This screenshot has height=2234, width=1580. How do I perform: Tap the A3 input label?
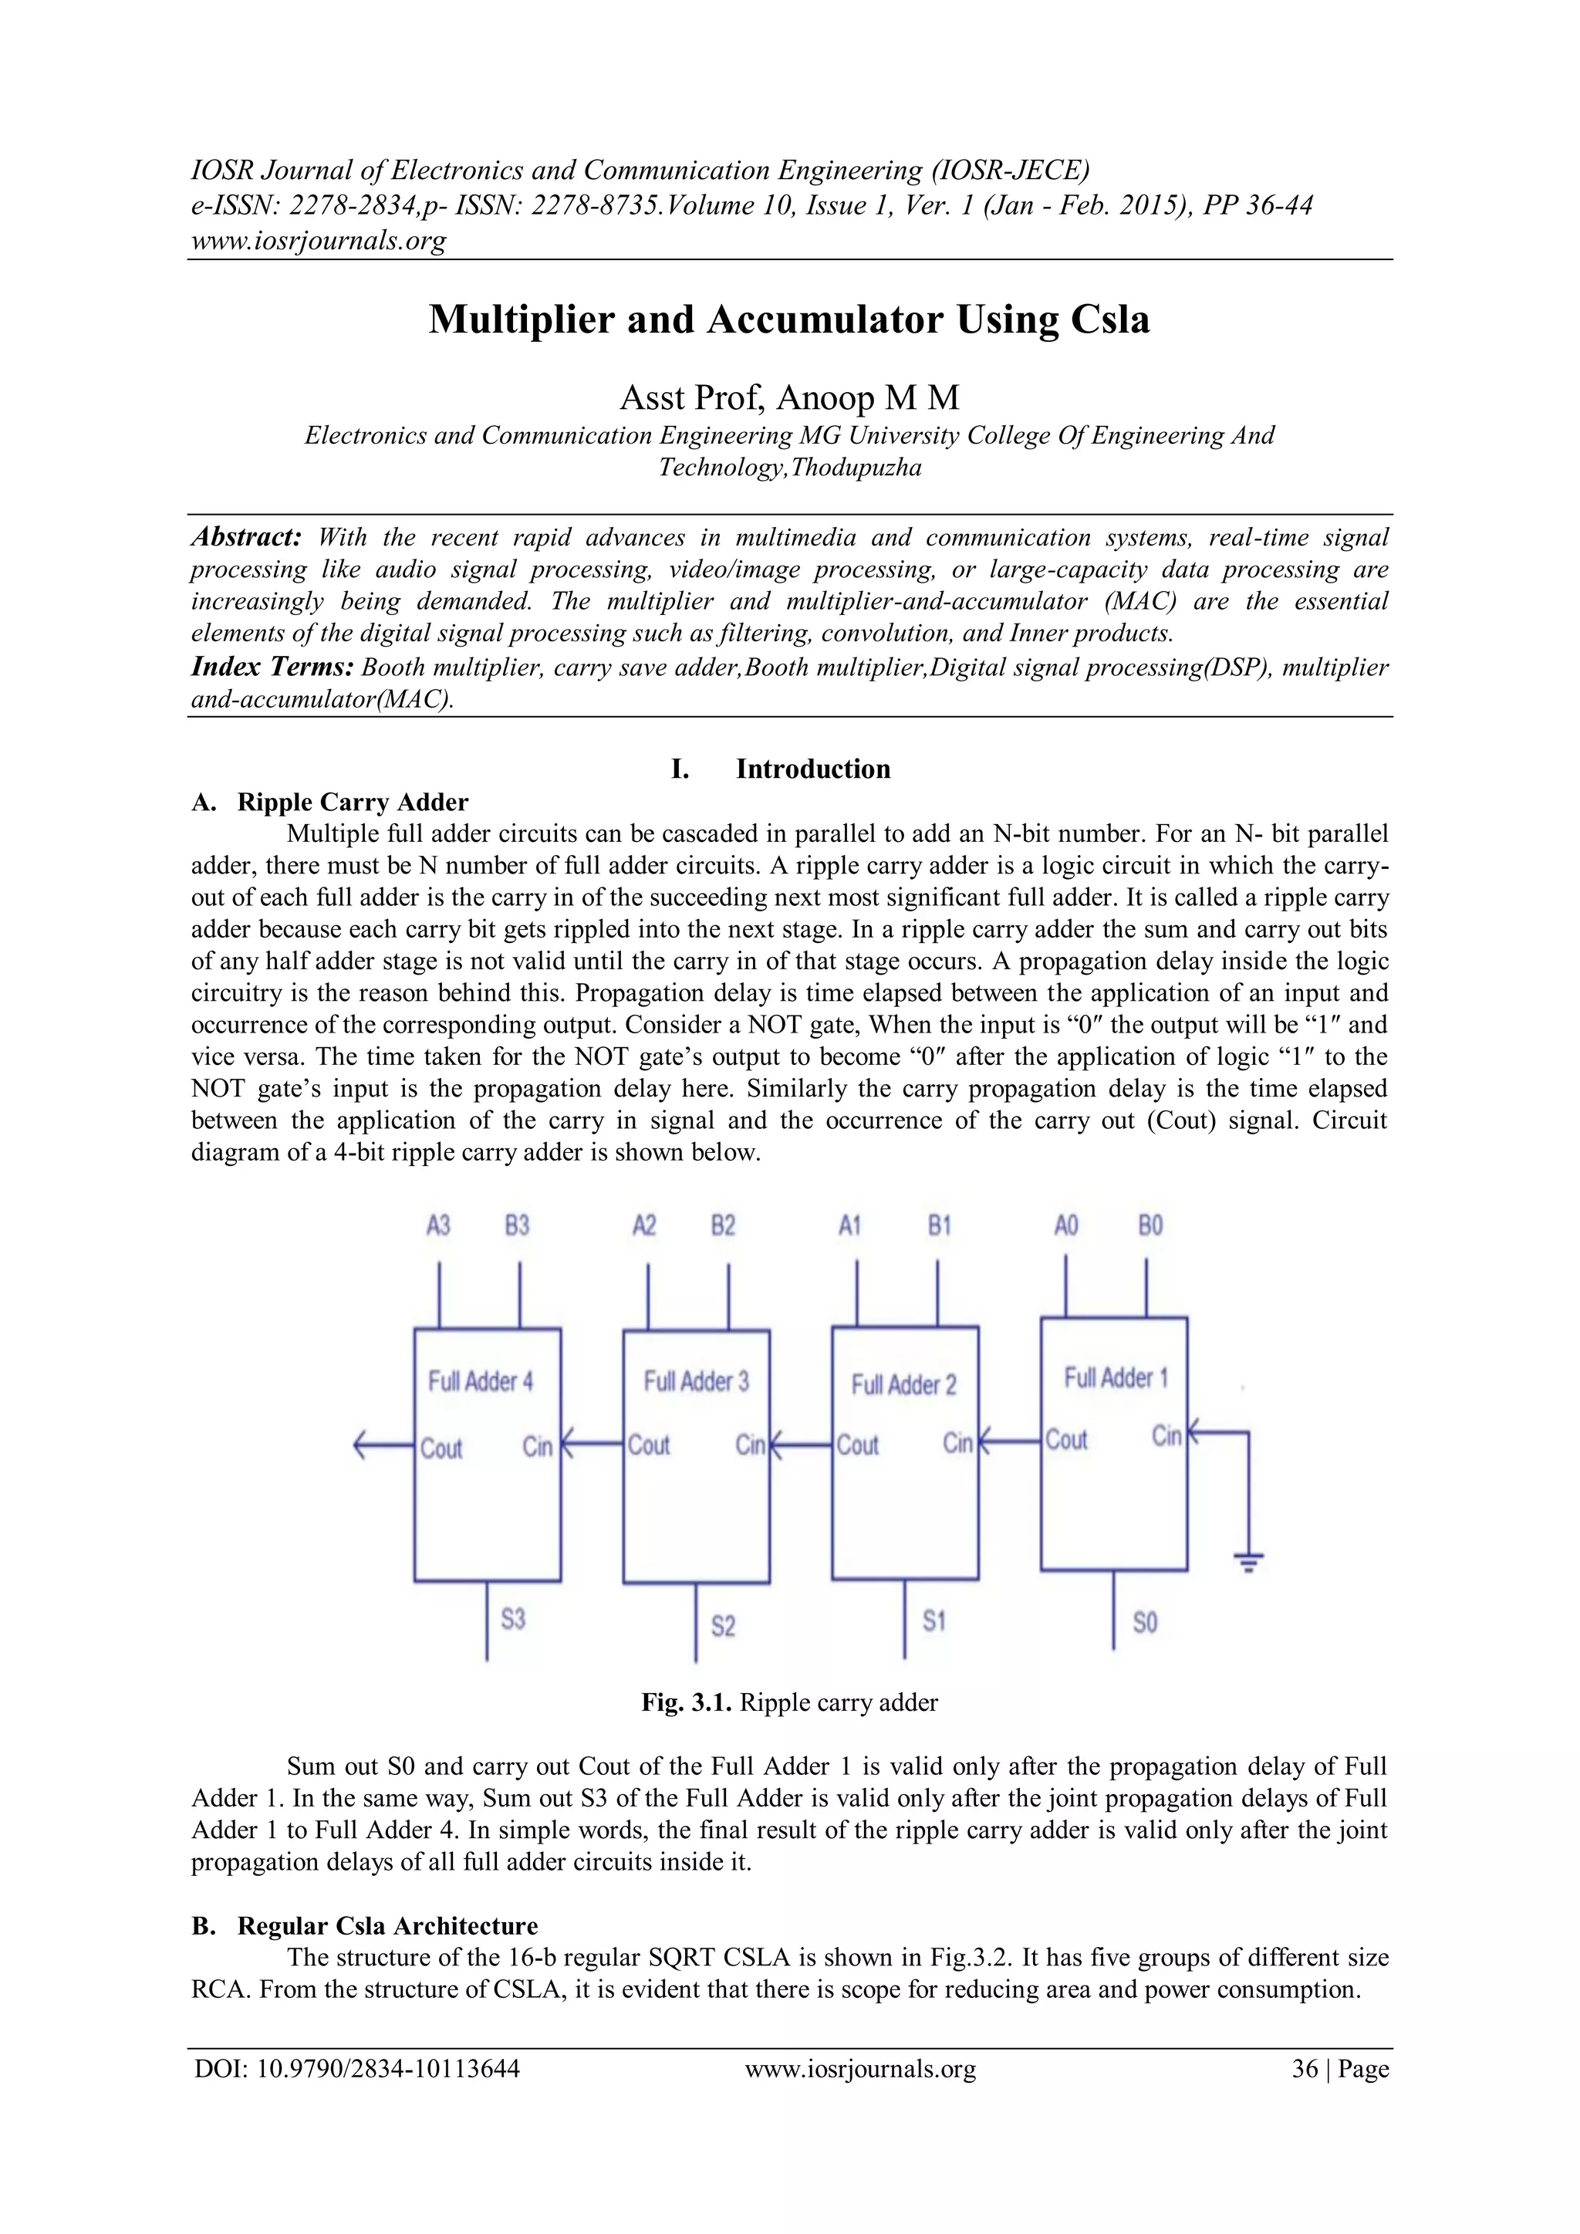tap(439, 1225)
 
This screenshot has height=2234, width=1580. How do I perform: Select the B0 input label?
tap(1150, 1225)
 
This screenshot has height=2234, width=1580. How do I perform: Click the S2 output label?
tap(723, 1626)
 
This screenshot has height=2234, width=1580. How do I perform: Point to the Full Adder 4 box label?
tap(481, 1381)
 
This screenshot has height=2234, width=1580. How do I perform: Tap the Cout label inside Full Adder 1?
tap(1066, 1440)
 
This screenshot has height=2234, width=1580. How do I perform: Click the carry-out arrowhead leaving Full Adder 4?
tap(360, 1447)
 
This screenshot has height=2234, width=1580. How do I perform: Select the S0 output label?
tap(1145, 1622)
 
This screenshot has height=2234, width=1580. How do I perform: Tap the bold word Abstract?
tap(247, 537)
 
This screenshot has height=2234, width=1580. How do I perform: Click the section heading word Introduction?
tap(812, 769)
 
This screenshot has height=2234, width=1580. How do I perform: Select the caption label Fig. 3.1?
tap(686, 1702)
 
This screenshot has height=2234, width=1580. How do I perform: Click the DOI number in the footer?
tap(387, 2069)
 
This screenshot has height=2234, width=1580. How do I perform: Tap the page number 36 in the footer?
tap(1305, 2069)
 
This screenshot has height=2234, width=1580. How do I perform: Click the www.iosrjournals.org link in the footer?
tap(860, 2069)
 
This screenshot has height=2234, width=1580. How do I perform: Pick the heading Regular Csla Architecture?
tap(387, 1925)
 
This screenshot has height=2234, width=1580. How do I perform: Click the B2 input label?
tap(723, 1225)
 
